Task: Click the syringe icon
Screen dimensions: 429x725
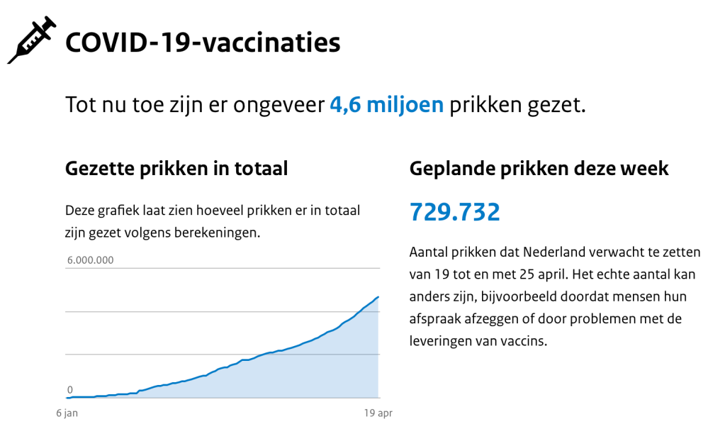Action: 32,41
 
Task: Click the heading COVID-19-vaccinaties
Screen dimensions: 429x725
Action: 203,43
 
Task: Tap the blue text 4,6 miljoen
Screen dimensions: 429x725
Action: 386,105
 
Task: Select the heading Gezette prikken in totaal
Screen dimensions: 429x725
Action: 176,169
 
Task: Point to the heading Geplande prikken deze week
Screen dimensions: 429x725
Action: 539,169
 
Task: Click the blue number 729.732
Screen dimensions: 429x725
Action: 454,212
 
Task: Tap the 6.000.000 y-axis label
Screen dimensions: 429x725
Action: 91,260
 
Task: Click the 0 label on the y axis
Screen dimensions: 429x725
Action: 70,389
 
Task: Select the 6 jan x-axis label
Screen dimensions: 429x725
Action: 67,413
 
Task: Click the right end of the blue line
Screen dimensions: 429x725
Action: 378,296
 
